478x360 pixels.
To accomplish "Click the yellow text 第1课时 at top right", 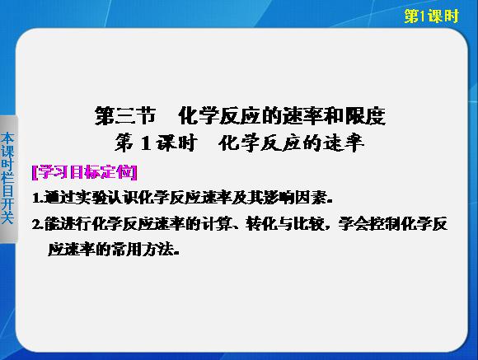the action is tap(431, 16).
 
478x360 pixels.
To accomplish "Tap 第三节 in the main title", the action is tap(125, 116).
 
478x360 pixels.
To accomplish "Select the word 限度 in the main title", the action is tap(365, 116).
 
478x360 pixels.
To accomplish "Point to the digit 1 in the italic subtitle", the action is tap(146, 143).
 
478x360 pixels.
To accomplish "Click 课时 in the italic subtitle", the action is tap(176, 143).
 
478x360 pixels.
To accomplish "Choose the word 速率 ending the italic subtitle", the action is tap(344, 143).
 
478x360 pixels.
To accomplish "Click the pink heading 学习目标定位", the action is tap(84, 172).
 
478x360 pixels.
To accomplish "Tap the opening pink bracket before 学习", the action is tap(35, 173).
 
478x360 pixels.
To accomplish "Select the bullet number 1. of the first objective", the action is tap(38, 199).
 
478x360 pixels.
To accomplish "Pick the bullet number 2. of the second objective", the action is tap(38, 225).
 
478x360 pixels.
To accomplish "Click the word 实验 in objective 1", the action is tap(91, 199).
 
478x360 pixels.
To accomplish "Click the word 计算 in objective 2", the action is tap(216, 224).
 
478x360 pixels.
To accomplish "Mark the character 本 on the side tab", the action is tap(7, 138).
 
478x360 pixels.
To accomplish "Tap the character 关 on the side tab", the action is tap(7, 217).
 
